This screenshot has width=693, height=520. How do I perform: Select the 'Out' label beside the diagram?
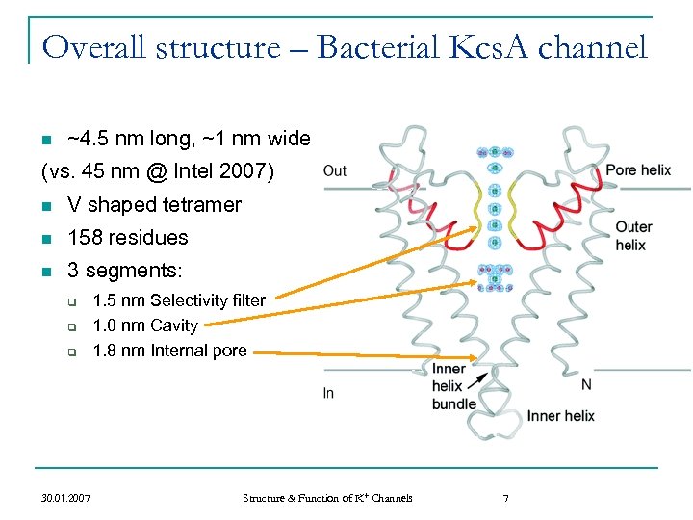tap(335, 171)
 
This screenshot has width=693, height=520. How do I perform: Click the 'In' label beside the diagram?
tap(329, 393)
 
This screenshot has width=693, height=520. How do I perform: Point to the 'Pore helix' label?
tap(638, 170)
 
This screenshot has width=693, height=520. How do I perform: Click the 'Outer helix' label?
tap(633, 236)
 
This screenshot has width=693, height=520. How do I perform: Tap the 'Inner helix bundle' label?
tap(453, 386)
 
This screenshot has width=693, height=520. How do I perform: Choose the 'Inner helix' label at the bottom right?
tap(560, 416)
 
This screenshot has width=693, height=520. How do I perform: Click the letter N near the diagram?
tap(586, 384)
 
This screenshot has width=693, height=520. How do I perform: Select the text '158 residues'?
tap(128, 238)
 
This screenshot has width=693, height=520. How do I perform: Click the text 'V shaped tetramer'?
tap(154, 205)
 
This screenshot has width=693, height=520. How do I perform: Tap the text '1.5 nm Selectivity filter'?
tap(178, 300)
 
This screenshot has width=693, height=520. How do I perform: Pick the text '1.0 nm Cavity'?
tap(144, 325)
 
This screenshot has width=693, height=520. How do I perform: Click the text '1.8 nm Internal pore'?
tap(169, 351)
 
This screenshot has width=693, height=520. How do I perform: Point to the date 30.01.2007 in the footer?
tap(66, 498)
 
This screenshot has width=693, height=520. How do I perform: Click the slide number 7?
tap(505, 498)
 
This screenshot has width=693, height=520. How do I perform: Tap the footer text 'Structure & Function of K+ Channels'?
tap(327, 498)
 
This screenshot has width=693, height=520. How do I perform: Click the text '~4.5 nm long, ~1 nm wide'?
tap(188, 140)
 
